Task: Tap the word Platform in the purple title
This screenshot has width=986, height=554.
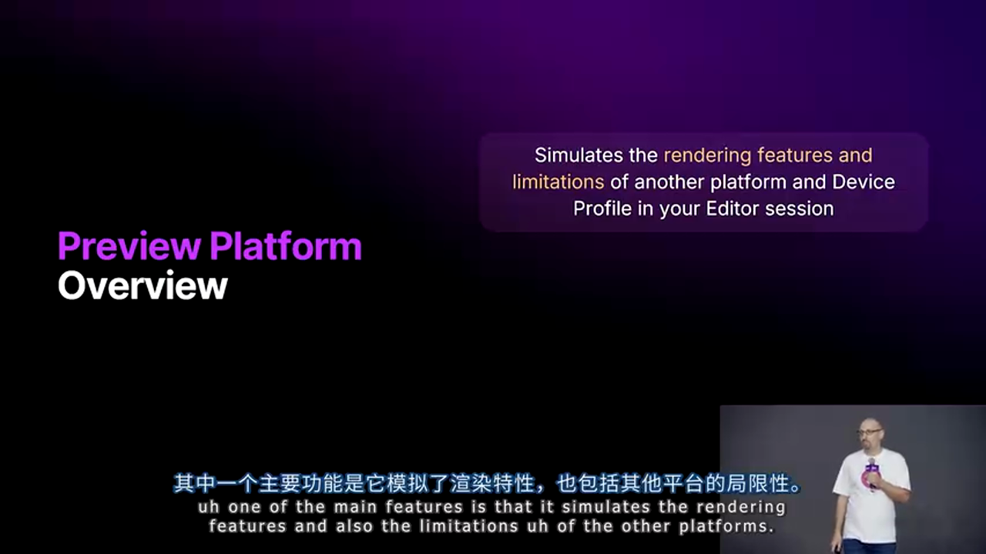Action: click(x=285, y=247)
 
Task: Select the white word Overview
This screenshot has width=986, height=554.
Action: click(x=143, y=285)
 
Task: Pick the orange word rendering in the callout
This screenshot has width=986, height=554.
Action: click(x=706, y=155)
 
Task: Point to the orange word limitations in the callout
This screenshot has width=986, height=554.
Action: click(x=558, y=182)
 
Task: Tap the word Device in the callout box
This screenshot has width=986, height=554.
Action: click(x=864, y=182)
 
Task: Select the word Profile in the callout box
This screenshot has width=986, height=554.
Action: click(x=602, y=209)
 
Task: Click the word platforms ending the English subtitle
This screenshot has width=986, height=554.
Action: click(x=726, y=527)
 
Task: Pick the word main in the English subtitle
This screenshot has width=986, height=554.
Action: click(x=356, y=507)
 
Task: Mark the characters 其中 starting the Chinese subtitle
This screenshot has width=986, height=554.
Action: click(x=193, y=485)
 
